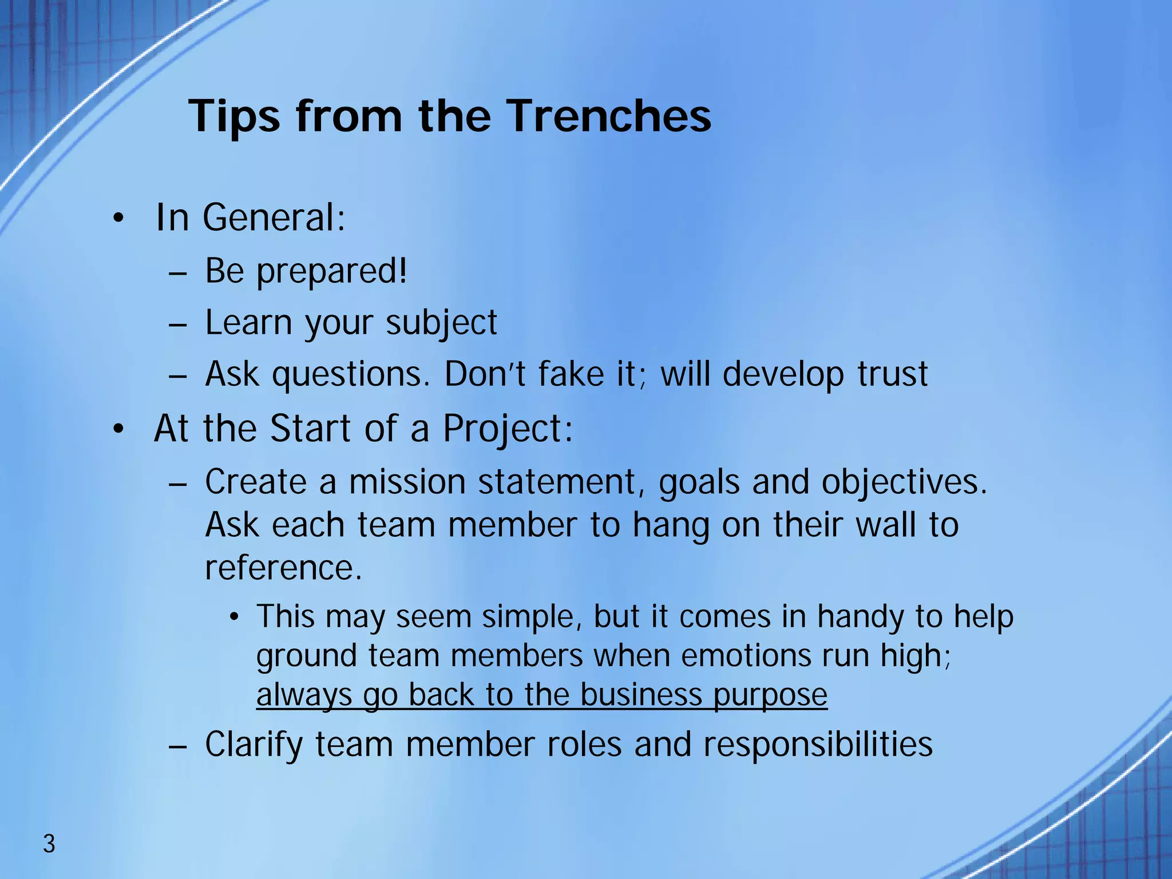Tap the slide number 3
(x=49, y=844)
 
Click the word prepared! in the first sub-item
(x=332, y=271)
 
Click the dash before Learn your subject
(x=178, y=324)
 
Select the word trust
(x=892, y=374)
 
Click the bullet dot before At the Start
(x=118, y=429)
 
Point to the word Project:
(x=508, y=429)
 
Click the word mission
(x=407, y=482)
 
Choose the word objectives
(x=904, y=482)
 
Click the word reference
(x=283, y=568)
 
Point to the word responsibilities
(x=818, y=745)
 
